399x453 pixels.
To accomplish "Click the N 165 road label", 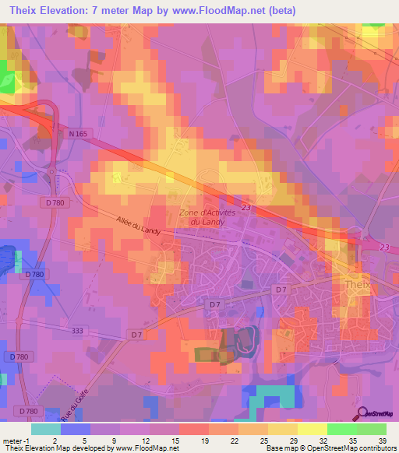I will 78,135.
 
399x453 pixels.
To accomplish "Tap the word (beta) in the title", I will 296,10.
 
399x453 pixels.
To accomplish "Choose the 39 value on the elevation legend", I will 382,440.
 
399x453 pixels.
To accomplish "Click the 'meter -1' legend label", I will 16,440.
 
